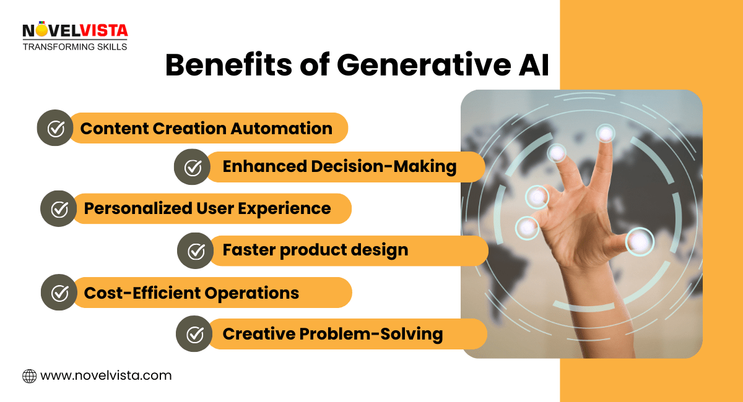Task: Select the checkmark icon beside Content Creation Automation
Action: (56, 129)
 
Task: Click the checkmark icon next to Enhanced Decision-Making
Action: (193, 167)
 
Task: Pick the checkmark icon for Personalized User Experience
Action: (59, 209)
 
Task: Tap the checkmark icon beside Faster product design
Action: (196, 250)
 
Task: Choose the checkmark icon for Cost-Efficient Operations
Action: (59, 293)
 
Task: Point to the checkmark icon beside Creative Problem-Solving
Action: (195, 335)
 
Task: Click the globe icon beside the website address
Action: (29, 375)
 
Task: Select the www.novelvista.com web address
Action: (106, 375)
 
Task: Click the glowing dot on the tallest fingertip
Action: (605, 132)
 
